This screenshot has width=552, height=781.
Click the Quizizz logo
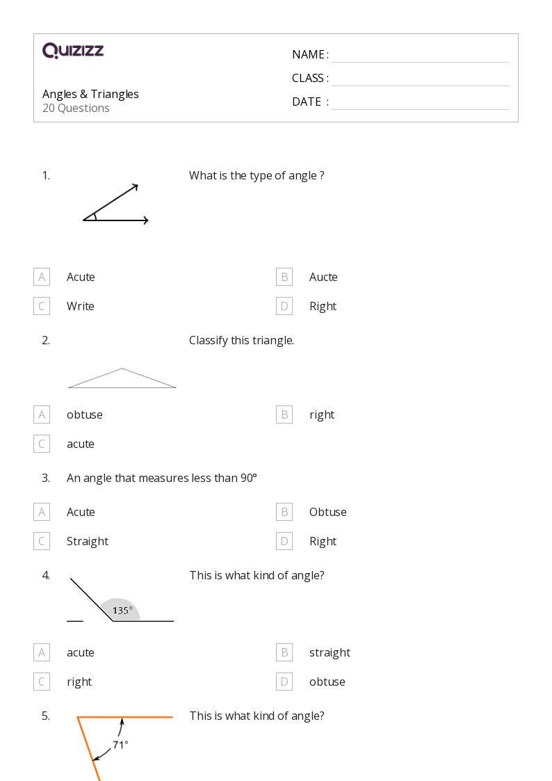click(73, 51)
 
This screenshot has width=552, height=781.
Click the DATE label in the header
click(307, 102)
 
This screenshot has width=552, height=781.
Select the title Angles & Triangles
click(90, 94)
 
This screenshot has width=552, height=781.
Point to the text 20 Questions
click(76, 108)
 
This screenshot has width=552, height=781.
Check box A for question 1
click(42, 277)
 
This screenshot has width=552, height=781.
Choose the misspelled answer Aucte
click(323, 277)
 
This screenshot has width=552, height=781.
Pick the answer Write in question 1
click(81, 306)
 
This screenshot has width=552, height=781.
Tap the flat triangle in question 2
click(122, 379)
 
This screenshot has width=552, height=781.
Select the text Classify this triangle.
click(241, 340)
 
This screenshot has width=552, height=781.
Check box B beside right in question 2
click(284, 414)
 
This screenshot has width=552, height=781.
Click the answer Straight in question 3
click(88, 541)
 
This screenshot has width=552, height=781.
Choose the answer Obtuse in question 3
click(327, 512)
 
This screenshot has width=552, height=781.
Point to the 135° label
click(122, 611)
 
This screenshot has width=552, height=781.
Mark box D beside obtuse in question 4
click(284, 682)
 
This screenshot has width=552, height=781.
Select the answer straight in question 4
click(330, 652)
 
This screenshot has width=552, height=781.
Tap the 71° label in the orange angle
click(120, 745)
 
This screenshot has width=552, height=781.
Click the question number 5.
click(46, 716)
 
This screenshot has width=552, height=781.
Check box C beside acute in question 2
click(42, 444)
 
